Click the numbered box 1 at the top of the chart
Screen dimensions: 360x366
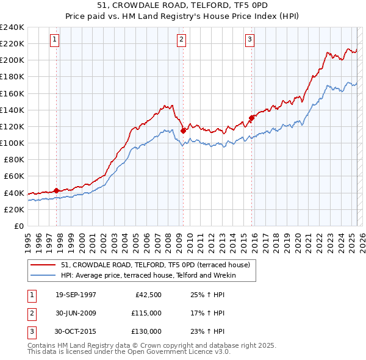[54, 40]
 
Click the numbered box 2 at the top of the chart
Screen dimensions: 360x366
[182, 40]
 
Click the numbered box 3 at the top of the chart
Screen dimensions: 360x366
[250, 40]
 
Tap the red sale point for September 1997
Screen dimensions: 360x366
[57, 190]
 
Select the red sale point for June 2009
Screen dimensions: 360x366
[183, 130]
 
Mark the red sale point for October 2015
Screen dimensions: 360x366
[251, 118]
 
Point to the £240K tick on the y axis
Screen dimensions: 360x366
[12, 27]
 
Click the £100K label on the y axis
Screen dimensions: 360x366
[12, 143]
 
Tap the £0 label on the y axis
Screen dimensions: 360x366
[18, 226]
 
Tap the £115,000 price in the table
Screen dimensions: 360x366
[146, 314]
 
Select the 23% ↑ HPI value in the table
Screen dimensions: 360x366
[208, 331]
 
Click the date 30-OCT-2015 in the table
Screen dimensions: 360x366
[76, 331]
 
